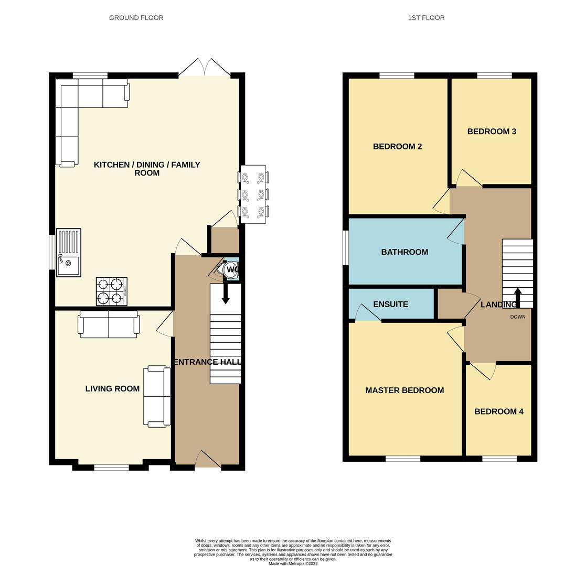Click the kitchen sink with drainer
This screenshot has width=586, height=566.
point(68,253)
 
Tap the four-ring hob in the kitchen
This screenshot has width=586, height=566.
point(112,291)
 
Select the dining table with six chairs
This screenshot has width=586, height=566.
point(253,194)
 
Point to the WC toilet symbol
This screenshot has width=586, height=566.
point(229,269)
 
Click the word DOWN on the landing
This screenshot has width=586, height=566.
point(518,317)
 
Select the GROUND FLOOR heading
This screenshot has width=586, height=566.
point(136,17)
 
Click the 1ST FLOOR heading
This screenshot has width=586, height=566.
point(426,17)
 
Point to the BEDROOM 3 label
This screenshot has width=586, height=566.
point(492,132)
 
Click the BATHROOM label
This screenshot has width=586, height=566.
point(404,252)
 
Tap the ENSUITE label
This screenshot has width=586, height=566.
point(390,304)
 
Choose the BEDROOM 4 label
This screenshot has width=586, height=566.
point(499,411)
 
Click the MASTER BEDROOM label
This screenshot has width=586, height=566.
point(404,390)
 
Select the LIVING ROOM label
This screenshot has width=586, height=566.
point(112,389)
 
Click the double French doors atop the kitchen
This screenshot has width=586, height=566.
point(205,68)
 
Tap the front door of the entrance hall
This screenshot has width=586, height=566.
point(208,459)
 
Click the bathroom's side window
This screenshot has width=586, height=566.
point(346,247)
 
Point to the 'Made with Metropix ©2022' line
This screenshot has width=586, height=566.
point(293,563)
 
